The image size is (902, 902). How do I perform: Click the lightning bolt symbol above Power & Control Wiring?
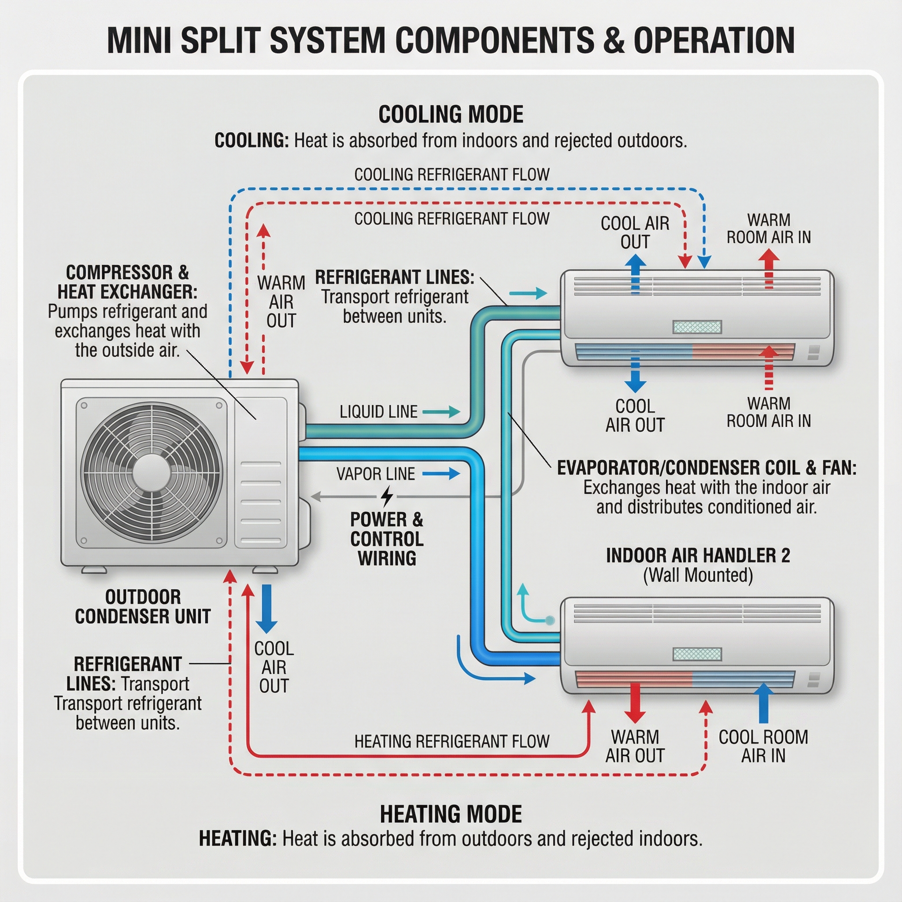pos(387,496)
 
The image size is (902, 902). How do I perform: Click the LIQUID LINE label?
pos(378,412)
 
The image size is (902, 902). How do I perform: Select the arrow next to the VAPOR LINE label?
pos(441,473)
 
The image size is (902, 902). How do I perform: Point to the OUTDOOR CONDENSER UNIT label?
pos(142,606)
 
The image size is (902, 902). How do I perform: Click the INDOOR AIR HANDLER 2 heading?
pos(698,555)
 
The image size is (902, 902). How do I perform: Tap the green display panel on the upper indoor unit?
pos(697,327)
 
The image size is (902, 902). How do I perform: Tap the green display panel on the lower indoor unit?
pos(697,654)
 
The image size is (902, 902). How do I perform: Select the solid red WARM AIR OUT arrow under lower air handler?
pos(635,703)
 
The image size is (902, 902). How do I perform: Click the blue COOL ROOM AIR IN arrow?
pos(763,703)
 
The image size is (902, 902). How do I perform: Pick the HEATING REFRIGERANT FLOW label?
pos(451,741)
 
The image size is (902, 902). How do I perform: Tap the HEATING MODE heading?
pos(451,814)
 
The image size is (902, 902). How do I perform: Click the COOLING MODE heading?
pos(451,115)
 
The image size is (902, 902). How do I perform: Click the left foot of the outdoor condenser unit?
pos(94,570)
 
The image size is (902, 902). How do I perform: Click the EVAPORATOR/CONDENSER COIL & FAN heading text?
pos(706,468)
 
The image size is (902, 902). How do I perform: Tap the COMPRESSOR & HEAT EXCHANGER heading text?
pos(127,282)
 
